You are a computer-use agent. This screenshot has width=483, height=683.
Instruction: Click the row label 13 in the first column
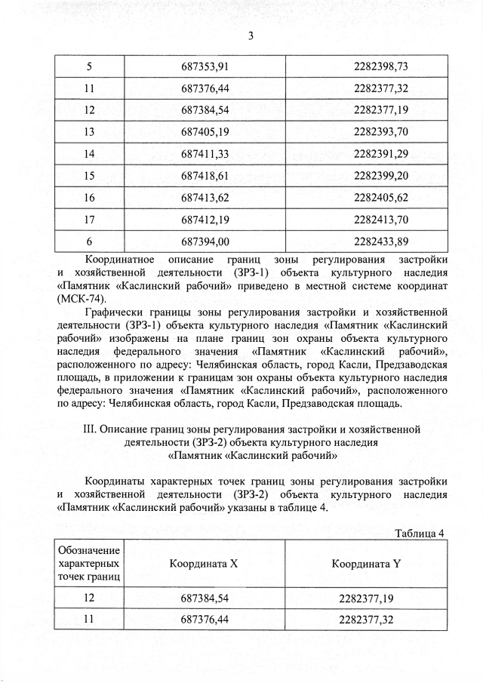tap(89, 132)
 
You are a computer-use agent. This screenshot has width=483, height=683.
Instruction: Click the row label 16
tap(89, 198)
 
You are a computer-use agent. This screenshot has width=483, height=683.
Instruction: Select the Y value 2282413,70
tap(380, 220)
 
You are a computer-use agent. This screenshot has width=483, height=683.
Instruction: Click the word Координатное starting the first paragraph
tap(124, 260)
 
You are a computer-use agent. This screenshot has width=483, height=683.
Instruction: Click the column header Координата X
tap(204, 564)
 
